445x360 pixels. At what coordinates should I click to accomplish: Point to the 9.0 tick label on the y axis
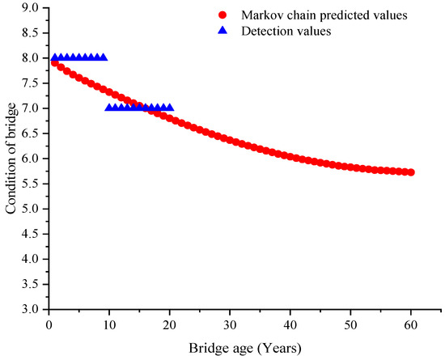click(29, 8)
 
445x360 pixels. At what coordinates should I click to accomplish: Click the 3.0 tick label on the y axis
click(29, 310)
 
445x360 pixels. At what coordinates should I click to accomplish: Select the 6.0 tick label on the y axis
click(29, 159)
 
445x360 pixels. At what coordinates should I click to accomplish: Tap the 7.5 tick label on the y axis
click(29, 83)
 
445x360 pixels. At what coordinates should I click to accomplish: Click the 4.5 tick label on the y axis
click(29, 235)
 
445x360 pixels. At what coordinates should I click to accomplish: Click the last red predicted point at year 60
click(411, 172)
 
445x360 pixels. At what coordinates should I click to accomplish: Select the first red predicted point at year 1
click(54, 62)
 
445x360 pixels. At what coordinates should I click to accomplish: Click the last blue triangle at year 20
click(169, 107)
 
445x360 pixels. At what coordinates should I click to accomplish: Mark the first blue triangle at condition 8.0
click(54, 57)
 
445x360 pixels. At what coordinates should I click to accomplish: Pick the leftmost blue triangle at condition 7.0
click(109, 107)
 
